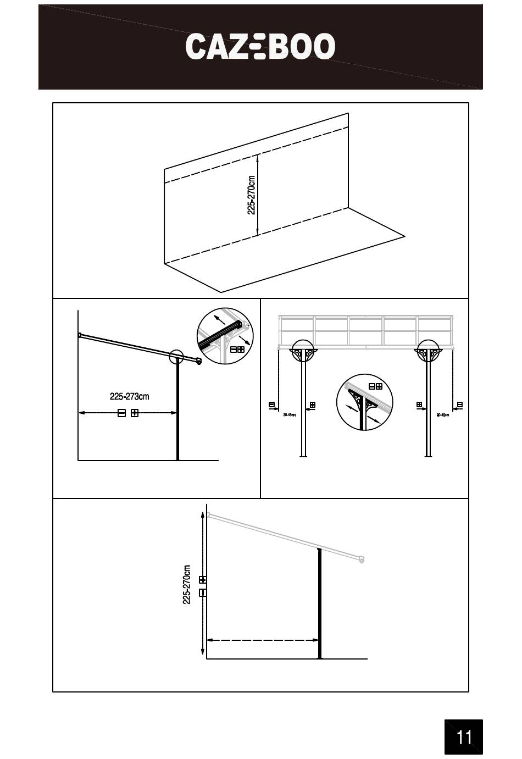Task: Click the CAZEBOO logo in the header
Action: pyautogui.click(x=260, y=46)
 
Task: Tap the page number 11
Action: pyautogui.click(x=464, y=736)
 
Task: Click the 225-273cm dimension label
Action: pyautogui.click(x=129, y=396)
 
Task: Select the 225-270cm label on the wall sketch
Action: pyautogui.click(x=251, y=195)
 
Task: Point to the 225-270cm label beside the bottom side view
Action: pyautogui.click(x=187, y=585)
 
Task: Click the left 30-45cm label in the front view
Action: pyautogui.click(x=289, y=415)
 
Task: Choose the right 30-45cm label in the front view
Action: pyautogui.click(x=442, y=415)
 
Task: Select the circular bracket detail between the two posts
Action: pyautogui.click(x=364, y=403)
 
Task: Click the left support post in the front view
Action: pyautogui.click(x=303, y=407)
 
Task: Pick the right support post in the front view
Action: pyautogui.click(x=428, y=407)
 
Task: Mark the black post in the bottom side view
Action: pyautogui.click(x=319, y=605)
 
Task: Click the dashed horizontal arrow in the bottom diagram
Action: pyautogui.click(x=263, y=640)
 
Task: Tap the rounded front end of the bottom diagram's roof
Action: pyautogui.click(x=362, y=559)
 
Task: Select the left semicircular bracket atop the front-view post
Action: pyautogui.click(x=303, y=352)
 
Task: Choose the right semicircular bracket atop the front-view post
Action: pyautogui.click(x=428, y=352)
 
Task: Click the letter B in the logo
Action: pyautogui.click(x=280, y=46)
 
